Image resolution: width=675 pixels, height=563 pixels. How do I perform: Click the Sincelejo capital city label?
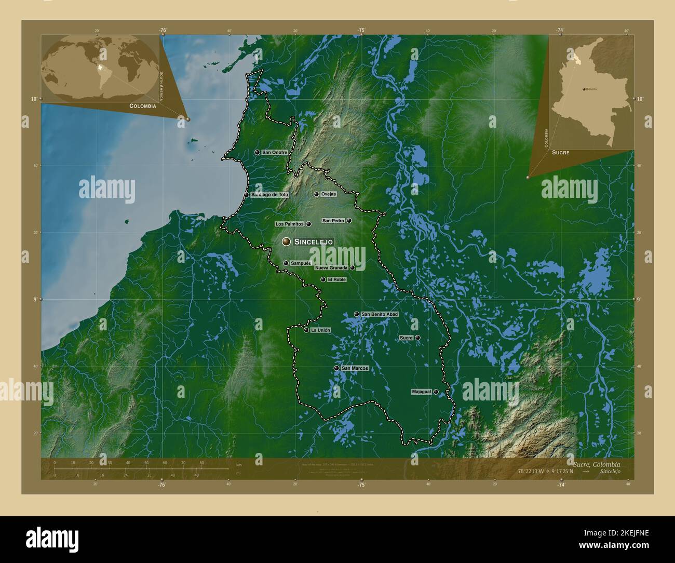314,242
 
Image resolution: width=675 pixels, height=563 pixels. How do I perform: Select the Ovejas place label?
329,194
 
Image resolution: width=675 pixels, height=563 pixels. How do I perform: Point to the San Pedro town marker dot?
349,221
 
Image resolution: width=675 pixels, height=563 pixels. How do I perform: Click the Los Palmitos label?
289,224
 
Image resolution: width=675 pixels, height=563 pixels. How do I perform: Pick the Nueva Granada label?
331,268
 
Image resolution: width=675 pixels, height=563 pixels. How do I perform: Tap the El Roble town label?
336,280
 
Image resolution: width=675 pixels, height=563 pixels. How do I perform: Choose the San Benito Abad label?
380,315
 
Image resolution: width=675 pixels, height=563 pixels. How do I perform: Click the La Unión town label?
320,330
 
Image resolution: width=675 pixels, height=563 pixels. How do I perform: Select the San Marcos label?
355,369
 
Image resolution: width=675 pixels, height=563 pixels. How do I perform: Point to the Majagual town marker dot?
436,392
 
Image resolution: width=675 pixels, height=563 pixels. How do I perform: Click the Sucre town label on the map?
406,338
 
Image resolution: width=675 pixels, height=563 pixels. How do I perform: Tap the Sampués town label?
301,263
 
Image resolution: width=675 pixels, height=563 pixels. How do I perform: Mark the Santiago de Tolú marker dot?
246,195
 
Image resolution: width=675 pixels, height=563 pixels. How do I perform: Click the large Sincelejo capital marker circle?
286,242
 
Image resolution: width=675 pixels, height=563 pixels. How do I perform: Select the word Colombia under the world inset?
143,105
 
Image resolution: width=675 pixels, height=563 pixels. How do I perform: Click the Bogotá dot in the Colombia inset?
584,89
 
